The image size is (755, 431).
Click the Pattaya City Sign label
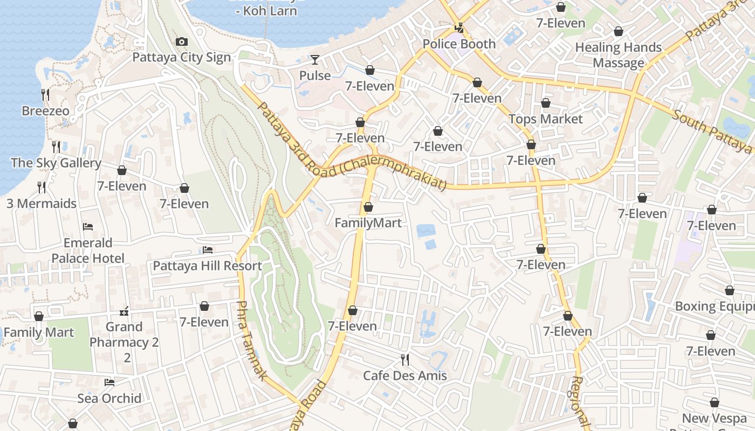coord(181,58)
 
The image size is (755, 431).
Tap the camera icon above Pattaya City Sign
coord(182,42)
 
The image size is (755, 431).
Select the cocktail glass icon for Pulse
coord(315,59)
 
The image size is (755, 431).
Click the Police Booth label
coord(459,44)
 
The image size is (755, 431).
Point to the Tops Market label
coord(546,119)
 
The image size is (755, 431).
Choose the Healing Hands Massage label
coord(618,55)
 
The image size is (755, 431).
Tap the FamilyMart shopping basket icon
coord(368,207)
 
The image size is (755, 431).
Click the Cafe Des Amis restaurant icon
coord(404,359)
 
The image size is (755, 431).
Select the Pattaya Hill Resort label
coord(207,266)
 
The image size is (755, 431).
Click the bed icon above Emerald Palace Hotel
coord(88,227)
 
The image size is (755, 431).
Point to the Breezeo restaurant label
coord(45,112)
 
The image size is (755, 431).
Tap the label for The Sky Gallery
coord(56,163)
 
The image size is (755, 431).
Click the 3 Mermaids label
coord(42,204)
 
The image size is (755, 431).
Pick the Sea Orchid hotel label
coord(109,398)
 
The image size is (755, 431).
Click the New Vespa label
coord(714,418)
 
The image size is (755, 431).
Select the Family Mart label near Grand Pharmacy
coord(39,332)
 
